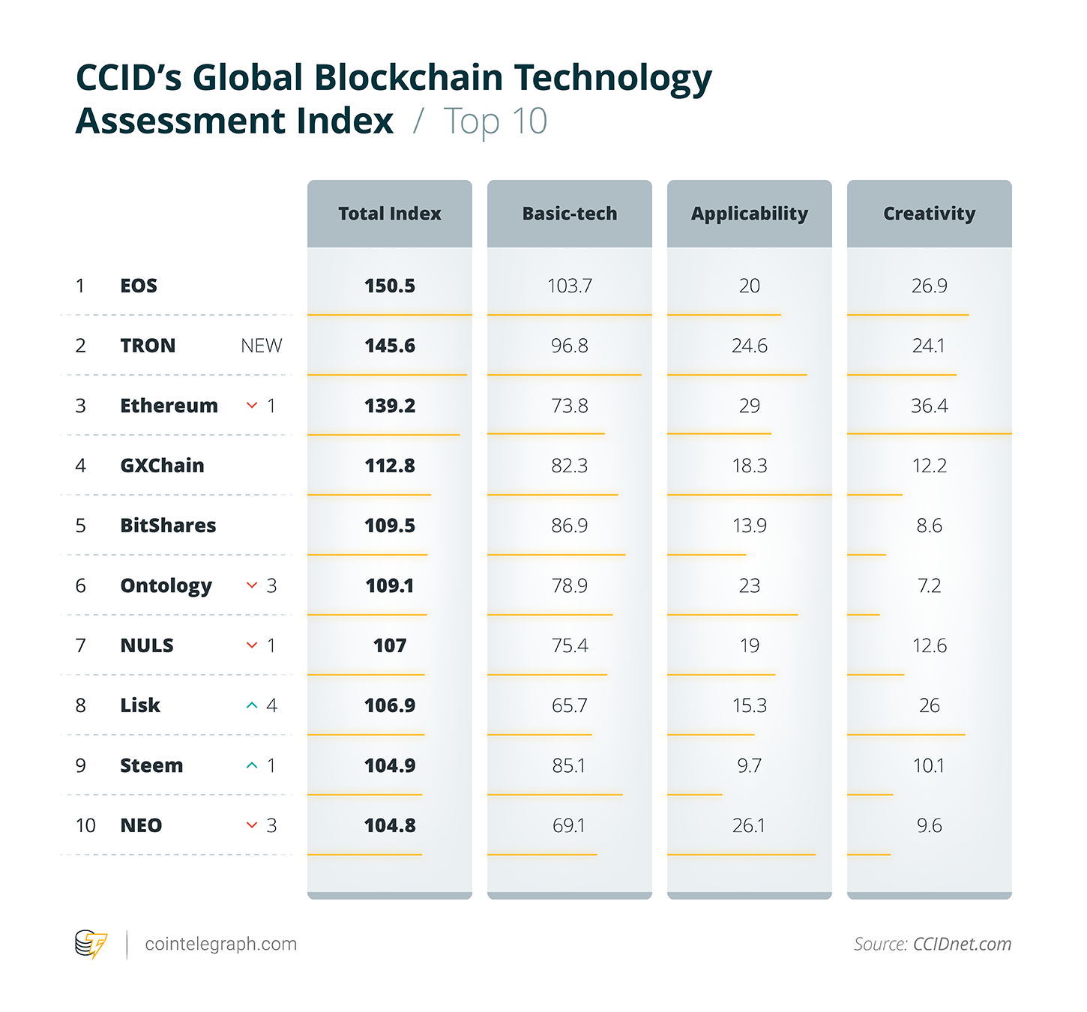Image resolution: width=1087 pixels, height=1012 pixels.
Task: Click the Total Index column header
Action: point(389,214)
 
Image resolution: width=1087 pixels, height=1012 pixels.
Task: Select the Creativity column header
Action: point(929,214)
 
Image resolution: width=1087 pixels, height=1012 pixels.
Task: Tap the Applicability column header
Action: point(749,214)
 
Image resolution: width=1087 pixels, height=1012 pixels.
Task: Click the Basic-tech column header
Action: point(569,214)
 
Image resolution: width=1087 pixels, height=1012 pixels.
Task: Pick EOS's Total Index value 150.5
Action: point(389,286)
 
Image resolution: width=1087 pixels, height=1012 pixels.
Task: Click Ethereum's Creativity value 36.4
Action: point(929,406)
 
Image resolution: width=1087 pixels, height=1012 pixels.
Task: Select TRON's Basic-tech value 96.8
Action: point(569,346)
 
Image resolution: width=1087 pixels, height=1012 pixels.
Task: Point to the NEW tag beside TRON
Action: point(261,346)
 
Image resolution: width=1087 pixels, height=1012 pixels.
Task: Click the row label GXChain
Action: point(162,466)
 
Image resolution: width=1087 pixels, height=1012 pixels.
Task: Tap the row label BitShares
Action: point(168,525)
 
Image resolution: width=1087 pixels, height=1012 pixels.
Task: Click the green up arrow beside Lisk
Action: point(252,705)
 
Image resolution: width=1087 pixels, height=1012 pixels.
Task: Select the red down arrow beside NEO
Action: point(252,825)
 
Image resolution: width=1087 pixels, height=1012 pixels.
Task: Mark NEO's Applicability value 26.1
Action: point(749,825)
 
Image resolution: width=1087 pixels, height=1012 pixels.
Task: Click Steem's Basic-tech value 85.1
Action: point(569,765)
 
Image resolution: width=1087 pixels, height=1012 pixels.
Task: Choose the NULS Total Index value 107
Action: point(389,645)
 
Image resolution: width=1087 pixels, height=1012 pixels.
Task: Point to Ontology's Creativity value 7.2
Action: point(929,585)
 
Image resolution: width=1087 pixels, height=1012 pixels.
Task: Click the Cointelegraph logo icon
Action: point(91,944)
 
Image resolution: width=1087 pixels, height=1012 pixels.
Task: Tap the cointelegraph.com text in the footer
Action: point(220,944)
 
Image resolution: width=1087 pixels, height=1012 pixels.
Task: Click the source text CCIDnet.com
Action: point(962,944)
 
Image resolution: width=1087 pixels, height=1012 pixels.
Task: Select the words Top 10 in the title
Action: point(496,121)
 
